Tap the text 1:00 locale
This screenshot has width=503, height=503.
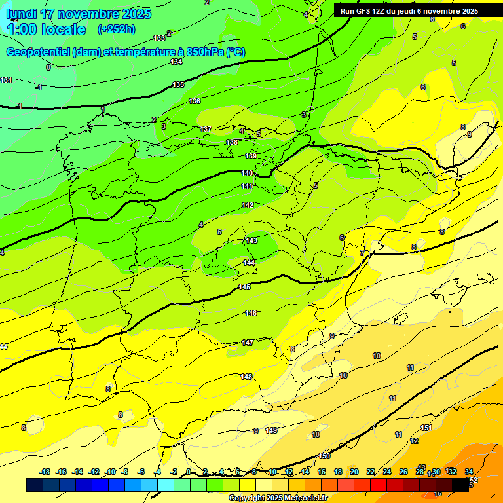47,29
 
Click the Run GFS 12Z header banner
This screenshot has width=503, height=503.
409,11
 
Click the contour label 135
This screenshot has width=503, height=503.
178,85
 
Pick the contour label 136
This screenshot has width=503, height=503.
195,101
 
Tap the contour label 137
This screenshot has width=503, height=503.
206,130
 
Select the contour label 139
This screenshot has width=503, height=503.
251,156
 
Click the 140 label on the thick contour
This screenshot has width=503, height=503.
247,173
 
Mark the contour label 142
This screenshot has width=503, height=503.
248,205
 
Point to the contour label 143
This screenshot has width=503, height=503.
251,241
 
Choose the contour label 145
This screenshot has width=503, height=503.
244,287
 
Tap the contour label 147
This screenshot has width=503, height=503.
248,343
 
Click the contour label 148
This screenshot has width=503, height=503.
246,377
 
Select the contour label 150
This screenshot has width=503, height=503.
324,456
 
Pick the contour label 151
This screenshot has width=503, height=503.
426,428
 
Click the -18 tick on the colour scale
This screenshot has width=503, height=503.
45,472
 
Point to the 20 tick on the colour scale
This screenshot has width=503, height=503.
354,472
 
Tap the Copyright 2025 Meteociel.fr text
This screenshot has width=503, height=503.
278,498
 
